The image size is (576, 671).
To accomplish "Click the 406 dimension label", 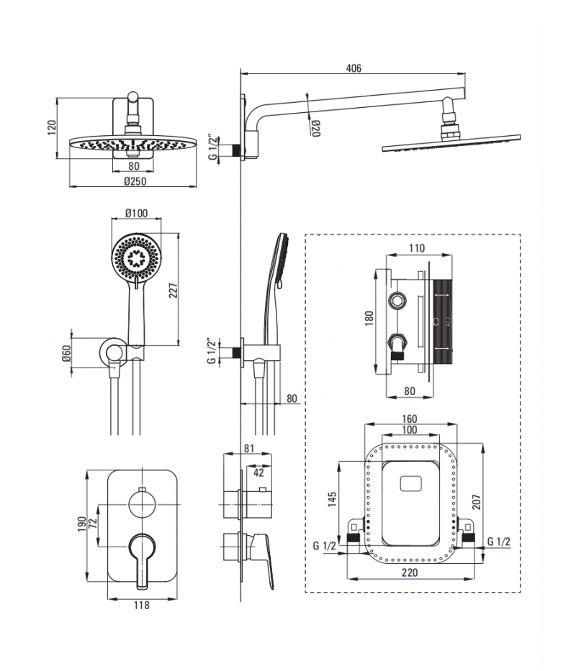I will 353,68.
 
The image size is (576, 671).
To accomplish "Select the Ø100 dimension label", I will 136,214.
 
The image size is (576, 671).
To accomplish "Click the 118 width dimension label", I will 142,606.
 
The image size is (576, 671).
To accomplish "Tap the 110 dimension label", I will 416,249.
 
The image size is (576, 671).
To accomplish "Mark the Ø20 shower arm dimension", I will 316,127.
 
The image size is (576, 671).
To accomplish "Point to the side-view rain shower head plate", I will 451,142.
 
